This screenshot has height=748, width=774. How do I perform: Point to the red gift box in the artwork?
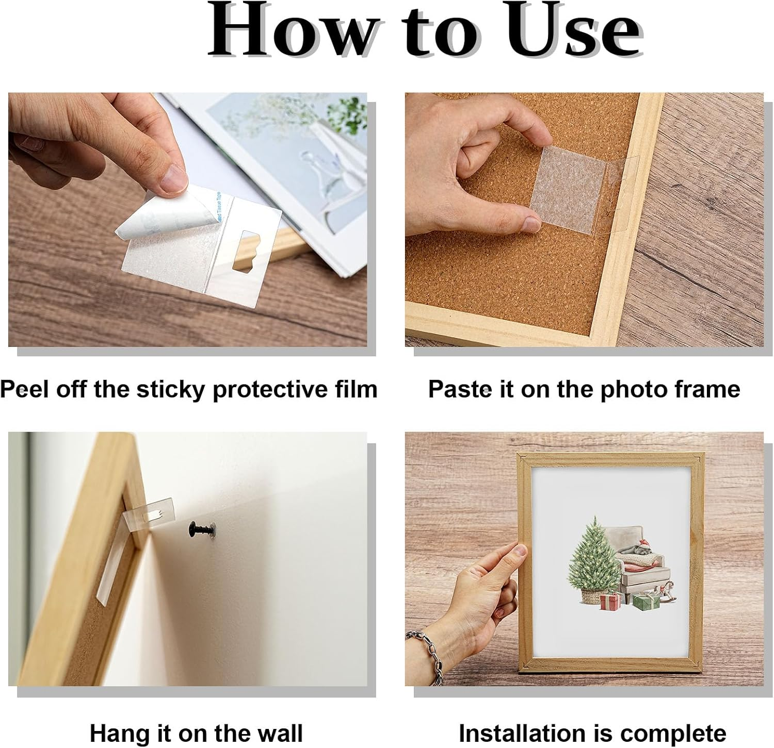pos(611,601)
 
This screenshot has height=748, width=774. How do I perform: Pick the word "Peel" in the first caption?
pos(24,389)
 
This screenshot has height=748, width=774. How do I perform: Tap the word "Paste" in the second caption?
pos(459,389)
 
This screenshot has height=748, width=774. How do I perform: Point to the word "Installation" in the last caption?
pos(521,732)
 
